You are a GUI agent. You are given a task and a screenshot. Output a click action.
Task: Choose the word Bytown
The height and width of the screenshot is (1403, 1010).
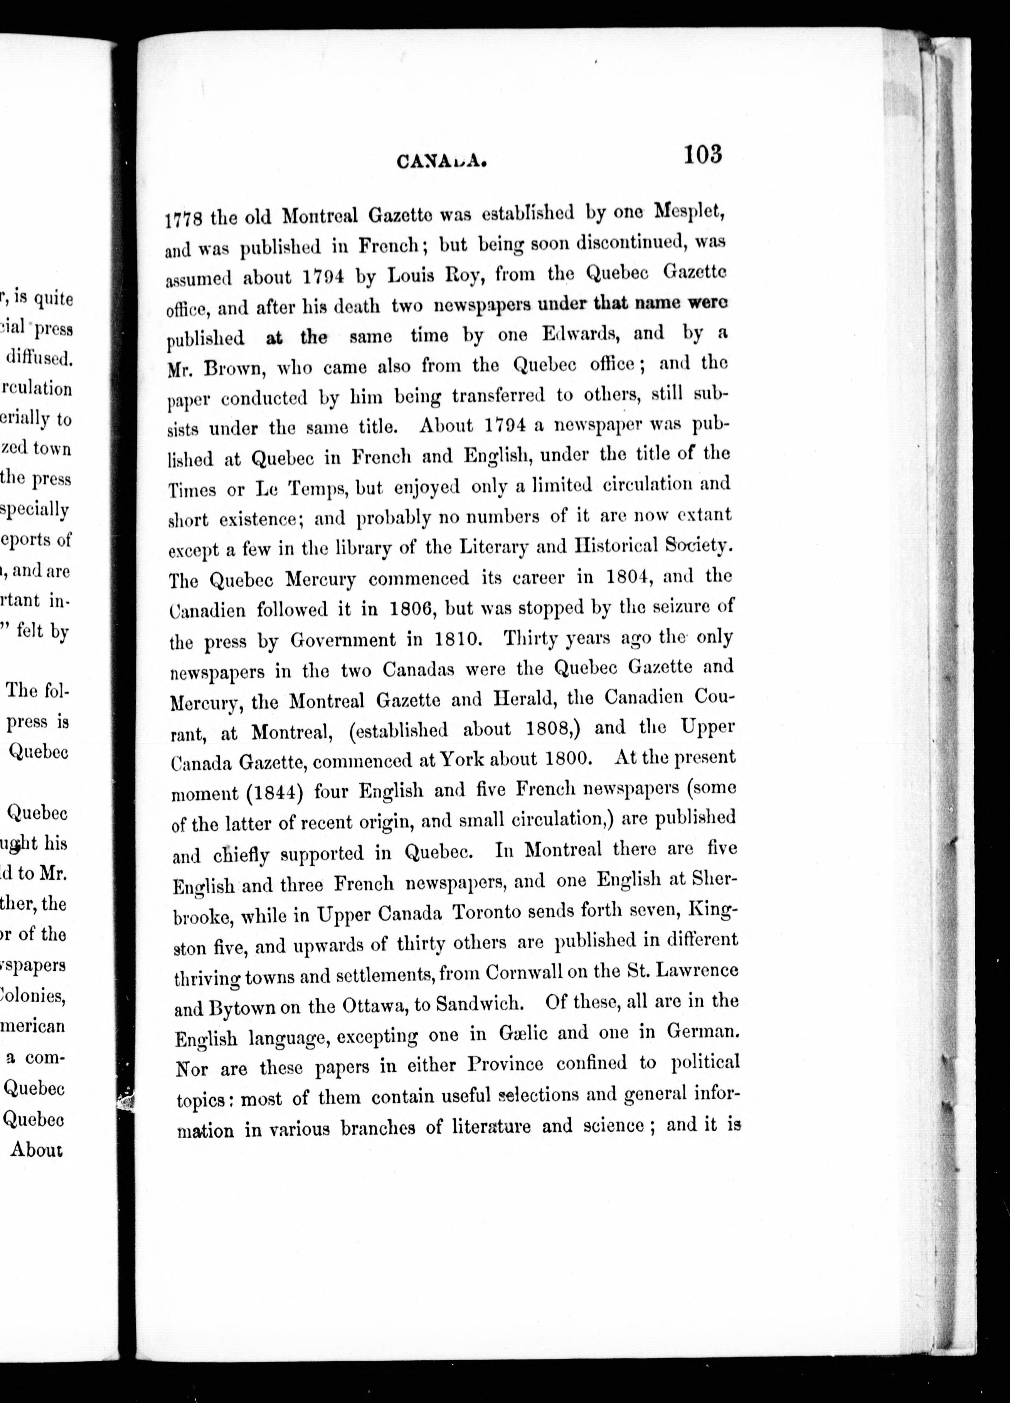[x=242, y=1008]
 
